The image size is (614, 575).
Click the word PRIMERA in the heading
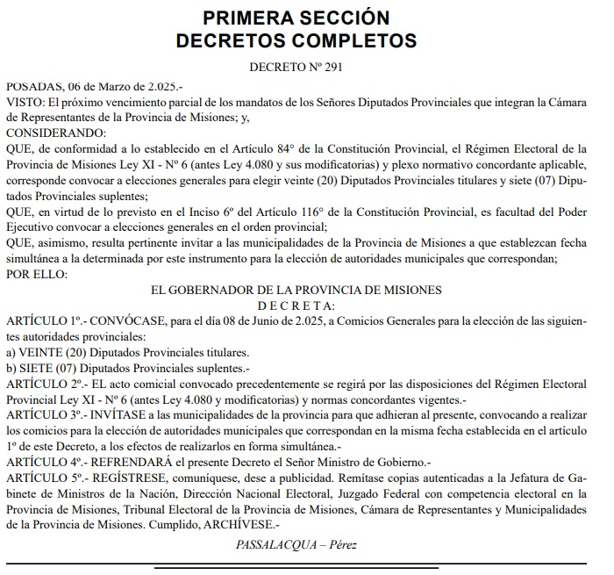coord(250,18)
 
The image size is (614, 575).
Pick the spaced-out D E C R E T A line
coord(296,305)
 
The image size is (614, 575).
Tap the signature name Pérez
coord(341,544)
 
